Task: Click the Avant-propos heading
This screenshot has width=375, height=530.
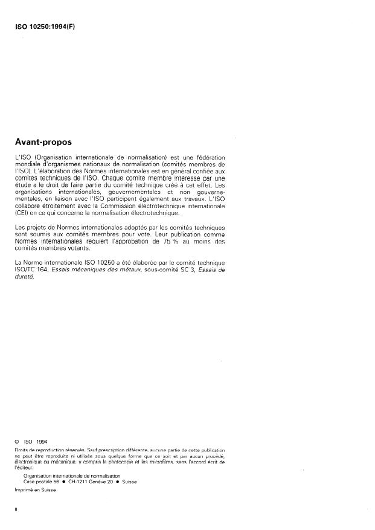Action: (x=43, y=143)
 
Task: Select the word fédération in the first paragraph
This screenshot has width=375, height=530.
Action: (x=211, y=157)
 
